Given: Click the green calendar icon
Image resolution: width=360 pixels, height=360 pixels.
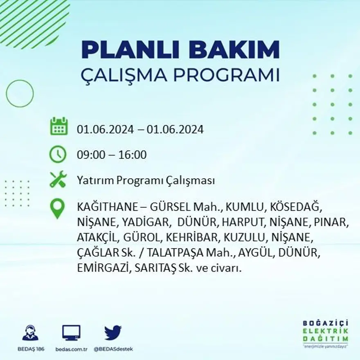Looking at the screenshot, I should [x=59, y=126].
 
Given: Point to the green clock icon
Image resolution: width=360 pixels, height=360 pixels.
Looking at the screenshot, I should [x=58, y=155].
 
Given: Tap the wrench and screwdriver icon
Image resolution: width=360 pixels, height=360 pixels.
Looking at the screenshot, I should [x=58, y=179].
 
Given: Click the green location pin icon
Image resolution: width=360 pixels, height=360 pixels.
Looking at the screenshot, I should [x=58, y=208].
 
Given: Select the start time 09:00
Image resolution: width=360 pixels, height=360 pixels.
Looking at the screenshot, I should [x=89, y=155].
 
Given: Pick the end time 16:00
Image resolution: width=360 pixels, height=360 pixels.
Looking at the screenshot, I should [x=133, y=155].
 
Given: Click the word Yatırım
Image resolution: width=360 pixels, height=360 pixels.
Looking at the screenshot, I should [x=94, y=181].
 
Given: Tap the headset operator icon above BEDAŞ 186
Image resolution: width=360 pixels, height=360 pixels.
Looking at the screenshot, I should [x=30, y=333].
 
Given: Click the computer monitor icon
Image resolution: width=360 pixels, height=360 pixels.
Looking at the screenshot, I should [x=71, y=333].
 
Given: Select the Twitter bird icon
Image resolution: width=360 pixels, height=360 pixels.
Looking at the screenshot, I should [x=113, y=333].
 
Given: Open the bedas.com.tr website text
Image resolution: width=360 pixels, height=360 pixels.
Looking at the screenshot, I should [x=71, y=349].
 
